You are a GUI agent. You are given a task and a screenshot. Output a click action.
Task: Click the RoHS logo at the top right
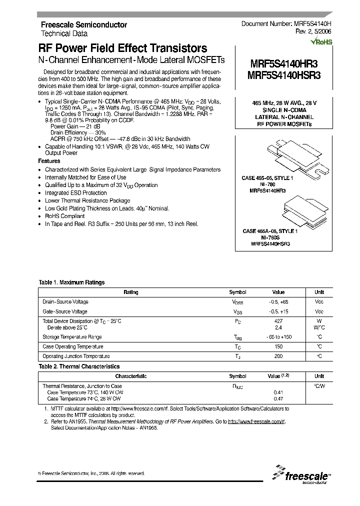click(321, 42)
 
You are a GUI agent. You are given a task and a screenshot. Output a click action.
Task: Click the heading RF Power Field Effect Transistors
click(123, 48)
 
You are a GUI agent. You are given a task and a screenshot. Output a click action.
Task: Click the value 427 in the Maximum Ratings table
click(278, 320)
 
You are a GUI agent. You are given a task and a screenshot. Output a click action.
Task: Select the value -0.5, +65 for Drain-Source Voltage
click(278, 302)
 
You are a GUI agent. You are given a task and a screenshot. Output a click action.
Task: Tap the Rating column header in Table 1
click(131, 292)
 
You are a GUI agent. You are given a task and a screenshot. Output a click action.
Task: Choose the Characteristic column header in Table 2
click(131, 376)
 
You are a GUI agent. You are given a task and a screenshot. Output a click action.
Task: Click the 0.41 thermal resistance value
click(278, 392)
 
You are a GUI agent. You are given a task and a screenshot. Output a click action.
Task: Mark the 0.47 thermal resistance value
click(278, 398)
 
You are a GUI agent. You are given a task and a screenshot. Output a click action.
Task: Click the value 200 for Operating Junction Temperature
click(278, 356)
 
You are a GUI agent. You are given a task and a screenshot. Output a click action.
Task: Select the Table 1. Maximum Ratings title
click(71, 282)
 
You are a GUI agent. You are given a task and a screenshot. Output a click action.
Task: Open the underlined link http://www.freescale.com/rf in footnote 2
click(256, 422)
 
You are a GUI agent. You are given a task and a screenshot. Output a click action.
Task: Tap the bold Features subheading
click(49, 161)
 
